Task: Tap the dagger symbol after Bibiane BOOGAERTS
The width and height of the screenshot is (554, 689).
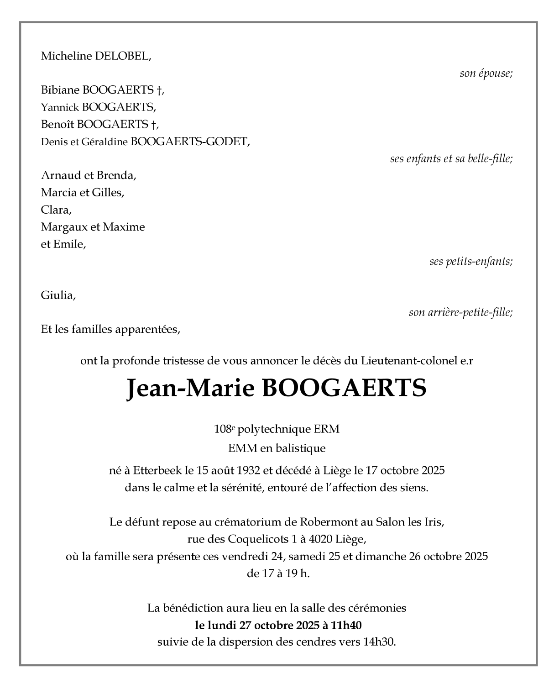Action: point(160,90)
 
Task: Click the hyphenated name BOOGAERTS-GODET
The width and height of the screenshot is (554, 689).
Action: point(190,142)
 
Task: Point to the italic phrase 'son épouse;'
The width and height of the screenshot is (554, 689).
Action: point(486,74)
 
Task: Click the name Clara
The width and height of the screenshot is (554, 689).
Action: point(56,210)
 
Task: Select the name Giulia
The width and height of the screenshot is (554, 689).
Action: point(58,295)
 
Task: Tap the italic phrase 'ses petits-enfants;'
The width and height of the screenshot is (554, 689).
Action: point(471,262)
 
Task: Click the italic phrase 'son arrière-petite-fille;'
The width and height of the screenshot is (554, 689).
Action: point(460,313)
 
